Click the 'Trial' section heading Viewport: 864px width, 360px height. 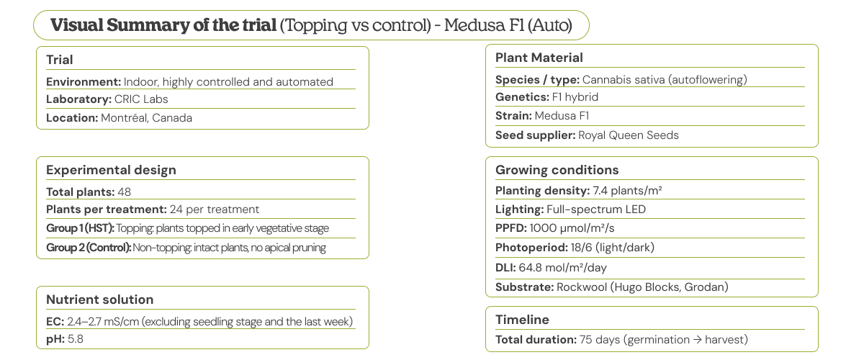tap(60, 60)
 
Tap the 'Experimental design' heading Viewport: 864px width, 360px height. tap(111, 170)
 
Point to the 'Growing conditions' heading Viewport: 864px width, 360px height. tap(557, 170)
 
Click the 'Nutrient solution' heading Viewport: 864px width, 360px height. tap(99, 300)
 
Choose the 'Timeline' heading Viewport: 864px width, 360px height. tap(522, 320)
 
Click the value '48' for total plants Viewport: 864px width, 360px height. tap(123, 192)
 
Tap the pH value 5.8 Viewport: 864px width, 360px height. tap(76, 338)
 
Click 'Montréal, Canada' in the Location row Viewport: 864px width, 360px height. tap(146, 117)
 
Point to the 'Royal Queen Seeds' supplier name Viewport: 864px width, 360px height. tap(628, 135)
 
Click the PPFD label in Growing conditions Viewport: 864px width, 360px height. tap(510, 228)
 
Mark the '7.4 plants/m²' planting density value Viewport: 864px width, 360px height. tap(627, 191)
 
